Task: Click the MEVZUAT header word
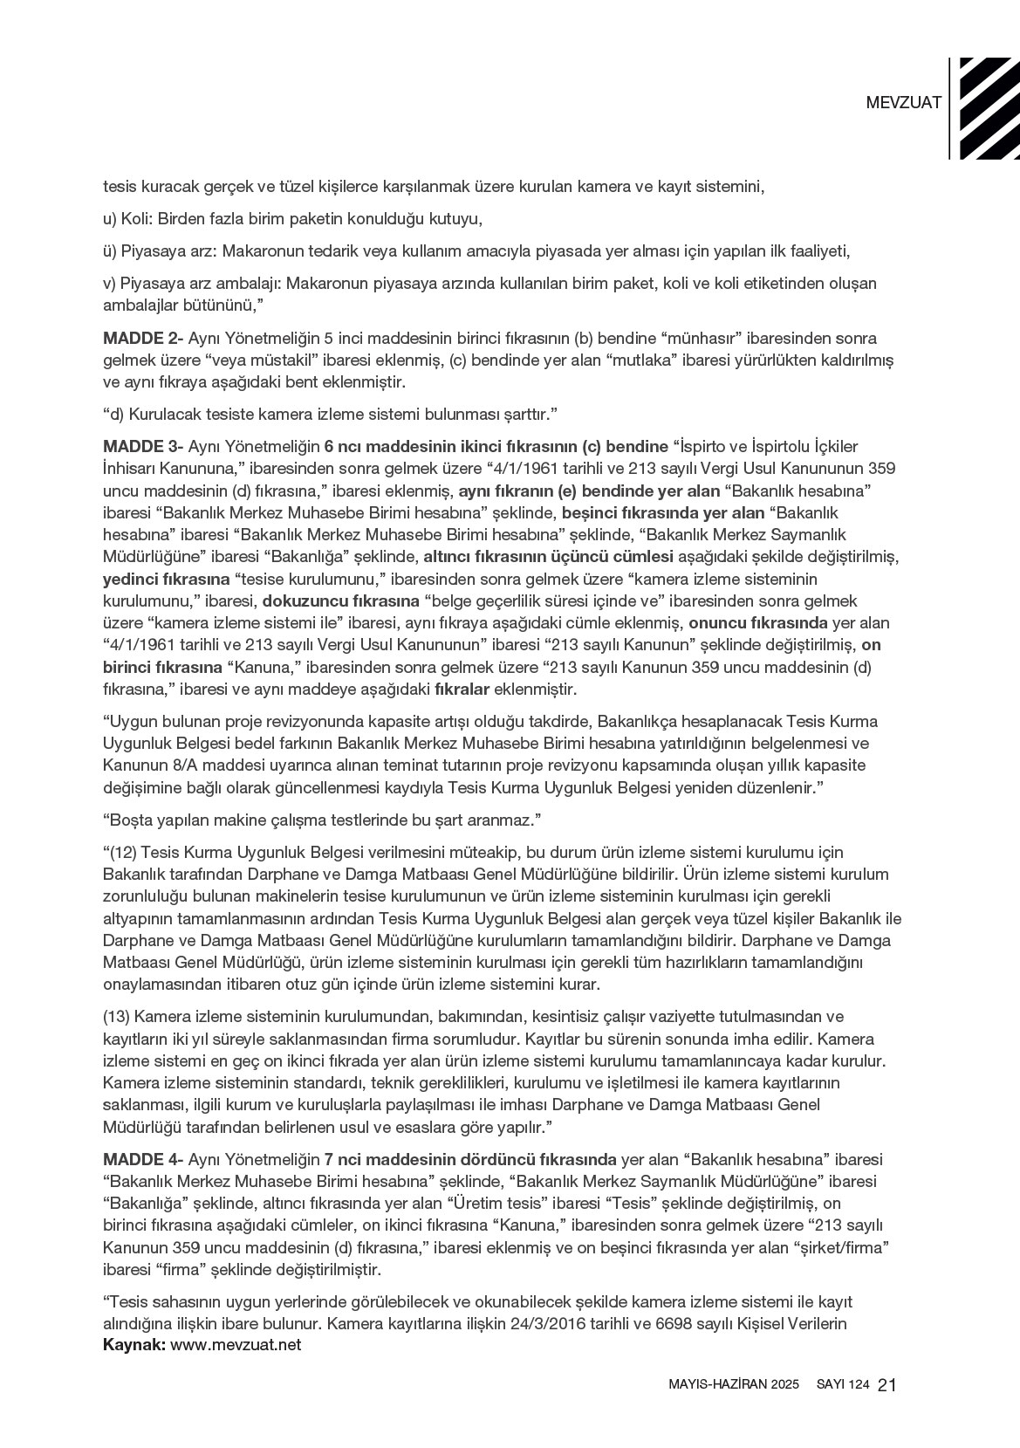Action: pos(903,102)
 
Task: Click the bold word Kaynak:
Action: pos(134,1345)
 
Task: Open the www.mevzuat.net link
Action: pos(236,1345)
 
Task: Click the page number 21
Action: pos(888,1385)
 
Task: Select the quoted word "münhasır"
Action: pos(705,338)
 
